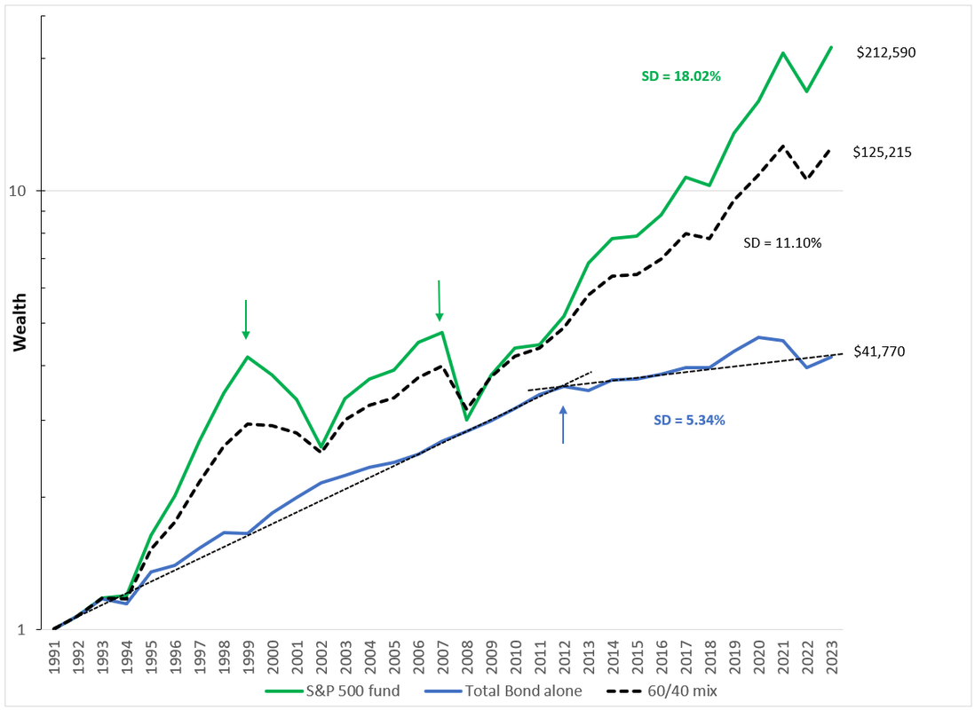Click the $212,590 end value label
pyautogui.click(x=886, y=52)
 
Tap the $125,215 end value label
pyautogui.click(x=883, y=153)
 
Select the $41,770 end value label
pyautogui.click(x=879, y=351)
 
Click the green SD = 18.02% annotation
pyautogui.click(x=681, y=76)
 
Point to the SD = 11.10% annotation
pyautogui.click(x=782, y=243)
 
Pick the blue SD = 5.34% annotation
pyautogui.click(x=689, y=421)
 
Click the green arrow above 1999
pyautogui.click(x=246, y=319)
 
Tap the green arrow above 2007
pyautogui.click(x=439, y=301)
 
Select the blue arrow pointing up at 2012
pyautogui.click(x=563, y=424)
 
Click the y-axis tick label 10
pyautogui.click(x=18, y=190)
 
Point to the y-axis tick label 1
pyautogui.click(x=22, y=630)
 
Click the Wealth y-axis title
pyautogui.click(x=20, y=323)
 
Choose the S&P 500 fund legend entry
pyautogui.click(x=333, y=690)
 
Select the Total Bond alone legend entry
pyautogui.click(x=503, y=690)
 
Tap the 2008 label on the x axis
pyautogui.click(x=468, y=657)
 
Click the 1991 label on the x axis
pyautogui.click(x=55, y=657)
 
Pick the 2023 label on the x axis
pyautogui.click(x=832, y=657)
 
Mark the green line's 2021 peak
pyautogui.click(x=783, y=53)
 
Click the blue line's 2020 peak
pyautogui.click(x=758, y=337)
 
